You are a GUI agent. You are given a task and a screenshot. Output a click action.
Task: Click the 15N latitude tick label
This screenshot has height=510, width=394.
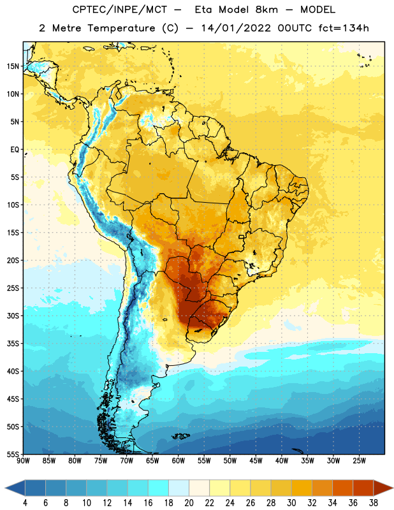13,66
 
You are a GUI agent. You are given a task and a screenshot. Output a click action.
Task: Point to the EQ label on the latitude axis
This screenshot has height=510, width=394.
15,150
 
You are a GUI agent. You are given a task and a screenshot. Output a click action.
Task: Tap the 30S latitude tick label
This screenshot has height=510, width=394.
13,316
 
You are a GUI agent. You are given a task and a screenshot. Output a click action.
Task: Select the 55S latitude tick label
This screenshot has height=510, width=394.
13,454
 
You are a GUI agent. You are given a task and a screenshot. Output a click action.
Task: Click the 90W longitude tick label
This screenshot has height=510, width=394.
24,461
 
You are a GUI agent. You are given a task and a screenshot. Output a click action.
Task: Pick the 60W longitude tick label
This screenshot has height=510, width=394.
179,461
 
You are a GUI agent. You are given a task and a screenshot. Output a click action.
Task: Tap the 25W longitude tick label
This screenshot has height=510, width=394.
359,461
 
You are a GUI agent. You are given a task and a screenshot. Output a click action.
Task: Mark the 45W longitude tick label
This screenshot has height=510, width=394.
256,461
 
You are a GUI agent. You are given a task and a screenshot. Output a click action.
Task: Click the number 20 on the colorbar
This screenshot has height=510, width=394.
189,503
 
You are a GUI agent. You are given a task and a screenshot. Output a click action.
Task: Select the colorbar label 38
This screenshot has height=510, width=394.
374,503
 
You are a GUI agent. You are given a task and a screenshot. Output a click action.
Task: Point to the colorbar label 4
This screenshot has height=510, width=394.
25,503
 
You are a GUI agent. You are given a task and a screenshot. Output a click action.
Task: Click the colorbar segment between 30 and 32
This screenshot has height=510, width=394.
302,488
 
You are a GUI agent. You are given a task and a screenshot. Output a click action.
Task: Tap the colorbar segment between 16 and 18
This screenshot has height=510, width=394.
159,488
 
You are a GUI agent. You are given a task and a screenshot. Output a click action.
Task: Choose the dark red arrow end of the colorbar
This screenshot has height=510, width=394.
383,488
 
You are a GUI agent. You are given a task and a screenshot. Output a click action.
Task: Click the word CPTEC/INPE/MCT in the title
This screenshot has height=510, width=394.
120,10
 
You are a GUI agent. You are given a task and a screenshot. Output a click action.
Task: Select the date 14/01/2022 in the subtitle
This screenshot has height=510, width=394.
236,28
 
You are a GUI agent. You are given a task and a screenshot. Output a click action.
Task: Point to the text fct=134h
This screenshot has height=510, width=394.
344,28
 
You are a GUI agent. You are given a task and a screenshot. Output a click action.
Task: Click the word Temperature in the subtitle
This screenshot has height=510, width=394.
121,28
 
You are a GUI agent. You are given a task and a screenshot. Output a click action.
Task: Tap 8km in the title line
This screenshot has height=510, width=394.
266,10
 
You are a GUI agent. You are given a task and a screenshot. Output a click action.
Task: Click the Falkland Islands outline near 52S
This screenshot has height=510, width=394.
181,436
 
